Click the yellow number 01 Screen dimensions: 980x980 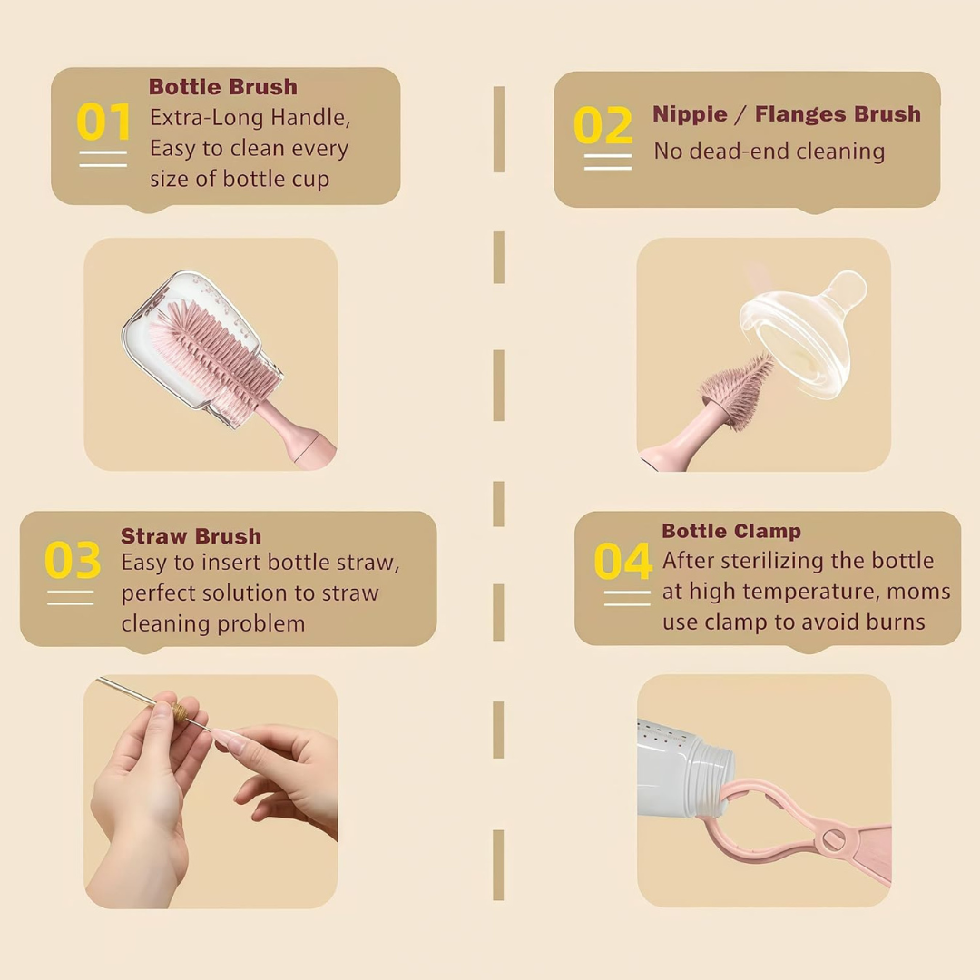pyautogui.click(x=103, y=122)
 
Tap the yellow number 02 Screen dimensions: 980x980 pyautogui.click(x=603, y=125)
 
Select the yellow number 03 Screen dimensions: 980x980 pyautogui.click(x=73, y=559)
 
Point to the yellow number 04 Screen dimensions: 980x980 pyautogui.click(x=623, y=561)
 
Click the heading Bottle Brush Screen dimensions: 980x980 pyautogui.click(x=223, y=87)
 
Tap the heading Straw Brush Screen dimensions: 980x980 pyautogui.click(x=191, y=535)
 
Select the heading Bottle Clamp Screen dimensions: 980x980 pyautogui.click(x=731, y=531)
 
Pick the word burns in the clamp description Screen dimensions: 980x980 pyautogui.click(x=895, y=622)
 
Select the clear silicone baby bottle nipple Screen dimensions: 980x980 pyautogui.click(x=803, y=334)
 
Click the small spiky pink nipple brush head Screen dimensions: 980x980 pyautogui.click(x=739, y=390)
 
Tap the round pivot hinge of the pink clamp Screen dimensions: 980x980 pyautogui.click(x=834, y=839)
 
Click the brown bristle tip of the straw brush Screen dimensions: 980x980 pyautogui.click(x=181, y=711)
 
